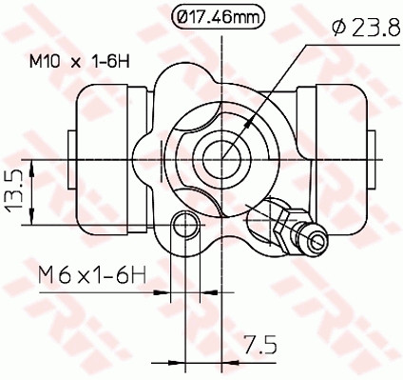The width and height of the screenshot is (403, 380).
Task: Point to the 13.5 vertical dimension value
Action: click(14, 195)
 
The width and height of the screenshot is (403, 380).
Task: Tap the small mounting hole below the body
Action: click(186, 226)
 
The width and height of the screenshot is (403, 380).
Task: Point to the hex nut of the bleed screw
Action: click(283, 222)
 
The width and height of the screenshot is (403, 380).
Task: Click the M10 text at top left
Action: click(43, 63)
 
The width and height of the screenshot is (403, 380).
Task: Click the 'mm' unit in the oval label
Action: click(245, 15)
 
